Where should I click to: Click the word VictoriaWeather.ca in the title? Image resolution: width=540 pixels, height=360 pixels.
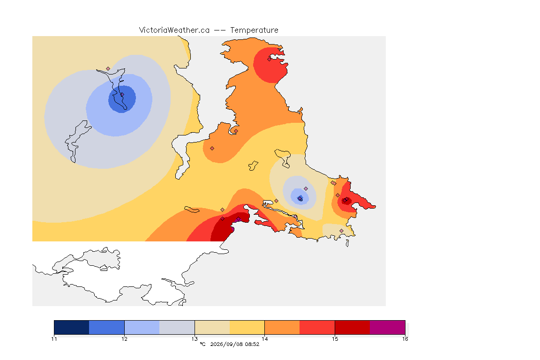(174, 30)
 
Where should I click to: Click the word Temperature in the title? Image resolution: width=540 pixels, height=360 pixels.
(254, 30)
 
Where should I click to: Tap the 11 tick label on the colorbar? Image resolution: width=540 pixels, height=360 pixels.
(54, 339)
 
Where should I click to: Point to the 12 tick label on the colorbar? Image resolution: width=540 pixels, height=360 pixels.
(124, 339)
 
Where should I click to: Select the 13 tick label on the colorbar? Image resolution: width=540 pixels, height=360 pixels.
(195, 339)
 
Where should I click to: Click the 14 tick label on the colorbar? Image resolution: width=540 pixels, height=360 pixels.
(264, 339)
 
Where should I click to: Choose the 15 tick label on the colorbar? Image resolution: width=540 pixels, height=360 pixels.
(335, 339)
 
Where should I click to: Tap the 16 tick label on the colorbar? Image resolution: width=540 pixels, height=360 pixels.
(405, 339)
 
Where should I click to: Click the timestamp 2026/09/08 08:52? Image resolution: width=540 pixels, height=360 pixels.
(234, 344)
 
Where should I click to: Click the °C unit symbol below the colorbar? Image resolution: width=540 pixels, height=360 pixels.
(202, 344)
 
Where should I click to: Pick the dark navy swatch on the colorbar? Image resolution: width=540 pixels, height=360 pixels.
(72, 327)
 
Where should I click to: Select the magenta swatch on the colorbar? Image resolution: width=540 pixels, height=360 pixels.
(388, 327)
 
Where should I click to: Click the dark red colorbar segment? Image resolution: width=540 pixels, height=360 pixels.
(352, 327)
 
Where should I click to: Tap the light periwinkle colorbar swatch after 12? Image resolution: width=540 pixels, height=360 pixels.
(142, 327)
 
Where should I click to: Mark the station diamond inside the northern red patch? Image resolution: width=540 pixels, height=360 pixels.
(270, 59)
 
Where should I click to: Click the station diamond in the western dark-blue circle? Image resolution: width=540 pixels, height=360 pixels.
(122, 94)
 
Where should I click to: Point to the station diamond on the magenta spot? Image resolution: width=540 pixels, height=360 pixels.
(238, 219)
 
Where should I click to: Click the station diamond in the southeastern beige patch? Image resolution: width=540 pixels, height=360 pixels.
(341, 231)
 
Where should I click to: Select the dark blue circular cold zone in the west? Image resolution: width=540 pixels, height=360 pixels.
(122, 99)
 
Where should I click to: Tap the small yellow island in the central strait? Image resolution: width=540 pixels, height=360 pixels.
(253, 166)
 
